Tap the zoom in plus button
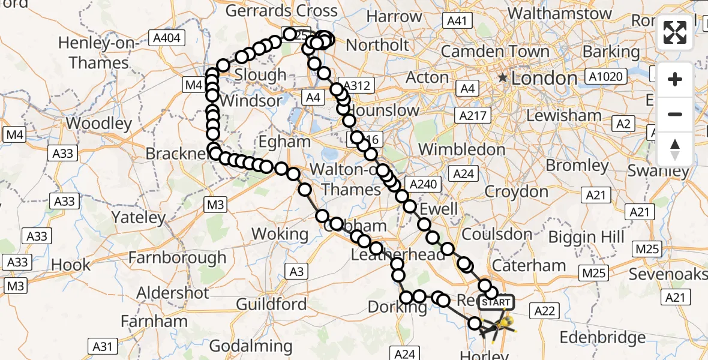pos(675,80)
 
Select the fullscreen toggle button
pos(675,32)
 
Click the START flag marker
pos(496,302)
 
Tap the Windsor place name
pos(251,100)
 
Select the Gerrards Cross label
pos(281,11)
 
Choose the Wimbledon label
pos(463,149)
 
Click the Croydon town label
pos(516,192)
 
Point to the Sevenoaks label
pos(668,274)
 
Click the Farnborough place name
pos(177,258)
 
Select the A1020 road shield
pos(607,77)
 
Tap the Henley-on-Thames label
pos(99,53)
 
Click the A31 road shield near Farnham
pos(103,346)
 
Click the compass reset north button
pos(675,149)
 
